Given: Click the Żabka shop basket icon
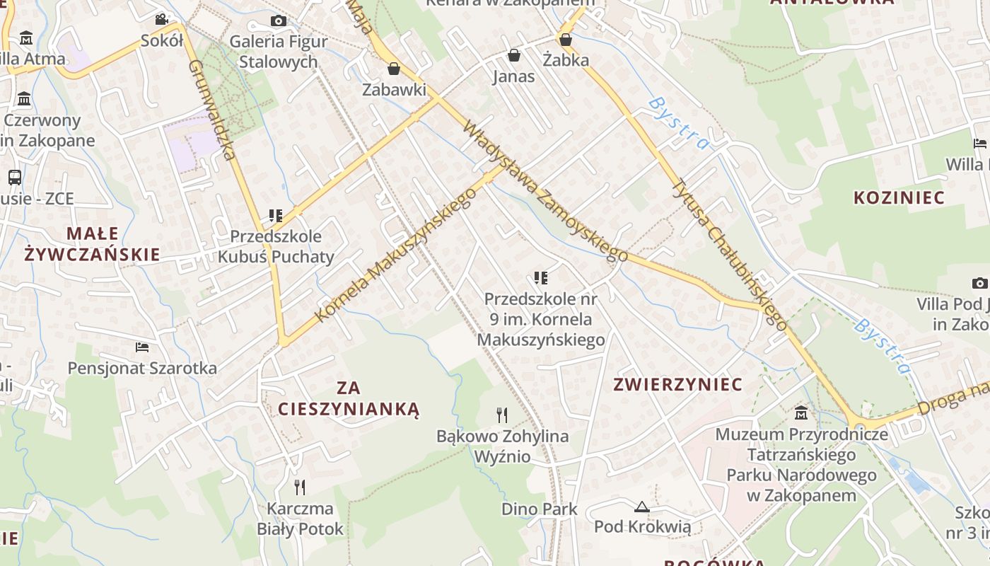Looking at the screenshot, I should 566,40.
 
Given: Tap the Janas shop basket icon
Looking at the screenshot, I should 514,55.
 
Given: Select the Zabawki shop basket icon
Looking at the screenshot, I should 394,69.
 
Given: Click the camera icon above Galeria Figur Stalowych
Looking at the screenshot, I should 279,21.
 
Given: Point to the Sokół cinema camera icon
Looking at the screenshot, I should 162,19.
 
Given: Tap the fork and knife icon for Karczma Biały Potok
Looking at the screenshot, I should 300,487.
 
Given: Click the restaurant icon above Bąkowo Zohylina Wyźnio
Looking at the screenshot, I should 502,415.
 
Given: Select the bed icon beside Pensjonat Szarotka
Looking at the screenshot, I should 142,347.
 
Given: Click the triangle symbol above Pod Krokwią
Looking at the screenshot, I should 642,506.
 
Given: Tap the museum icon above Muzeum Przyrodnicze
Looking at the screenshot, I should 801,412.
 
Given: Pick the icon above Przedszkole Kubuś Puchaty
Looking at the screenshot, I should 275,215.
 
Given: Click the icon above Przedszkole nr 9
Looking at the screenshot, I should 541,278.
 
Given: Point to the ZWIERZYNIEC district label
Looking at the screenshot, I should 677,384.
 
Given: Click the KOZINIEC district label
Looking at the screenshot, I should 899,197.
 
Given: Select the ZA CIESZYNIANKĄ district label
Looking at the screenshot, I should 349,398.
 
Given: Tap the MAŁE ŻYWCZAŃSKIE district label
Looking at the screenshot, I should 93,244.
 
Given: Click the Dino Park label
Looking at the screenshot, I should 540,509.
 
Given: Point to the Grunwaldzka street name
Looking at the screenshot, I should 211,110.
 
